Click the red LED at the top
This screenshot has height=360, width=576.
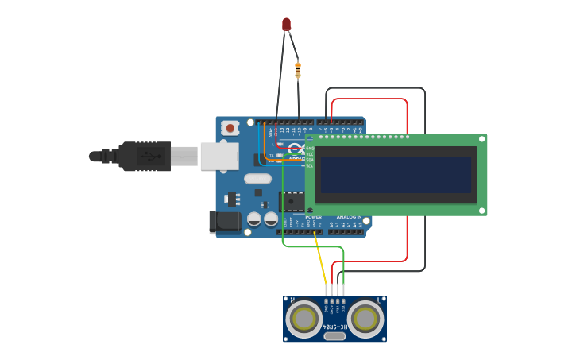pyautogui.click(x=286, y=25)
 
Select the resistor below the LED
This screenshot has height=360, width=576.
pyautogui.click(x=298, y=70)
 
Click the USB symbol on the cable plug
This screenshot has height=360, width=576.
pyautogui.click(x=149, y=156)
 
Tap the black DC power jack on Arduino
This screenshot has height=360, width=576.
pyautogui.click(x=224, y=222)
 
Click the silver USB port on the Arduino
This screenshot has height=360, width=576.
pyautogui.click(x=218, y=156)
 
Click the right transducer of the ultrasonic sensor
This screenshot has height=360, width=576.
pyautogui.click(x=365, y=319)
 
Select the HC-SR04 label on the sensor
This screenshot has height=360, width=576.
pyautogui.click(x=334, y=327)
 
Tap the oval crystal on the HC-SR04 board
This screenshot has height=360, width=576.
pyautogui.click(x=334, y=336)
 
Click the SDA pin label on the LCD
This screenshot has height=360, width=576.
pyautogui.click(x=310, y=159)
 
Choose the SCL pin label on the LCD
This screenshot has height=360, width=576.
pyautogui.click(x=310, y=165)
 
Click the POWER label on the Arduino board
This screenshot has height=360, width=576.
pyautogui.click(x=313, y=216)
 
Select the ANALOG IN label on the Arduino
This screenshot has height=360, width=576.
pyautogui.click(x=348, y=216)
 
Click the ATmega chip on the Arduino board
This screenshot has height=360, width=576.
pyautogui.click(x=292, y=201)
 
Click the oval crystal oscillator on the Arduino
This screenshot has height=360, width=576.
pyautogui.click(x=257, y=179)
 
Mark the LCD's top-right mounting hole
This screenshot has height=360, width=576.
pyautogui.click(x=481, y=138)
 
